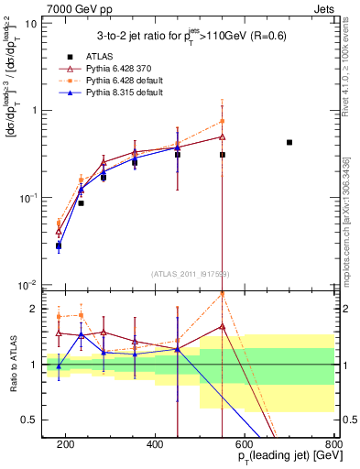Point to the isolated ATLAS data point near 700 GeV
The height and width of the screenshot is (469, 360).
[x=289, y=142]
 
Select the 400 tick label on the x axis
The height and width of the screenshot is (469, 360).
[x=155, y=444]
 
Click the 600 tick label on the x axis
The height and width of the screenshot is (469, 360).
[x=245, y=444]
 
